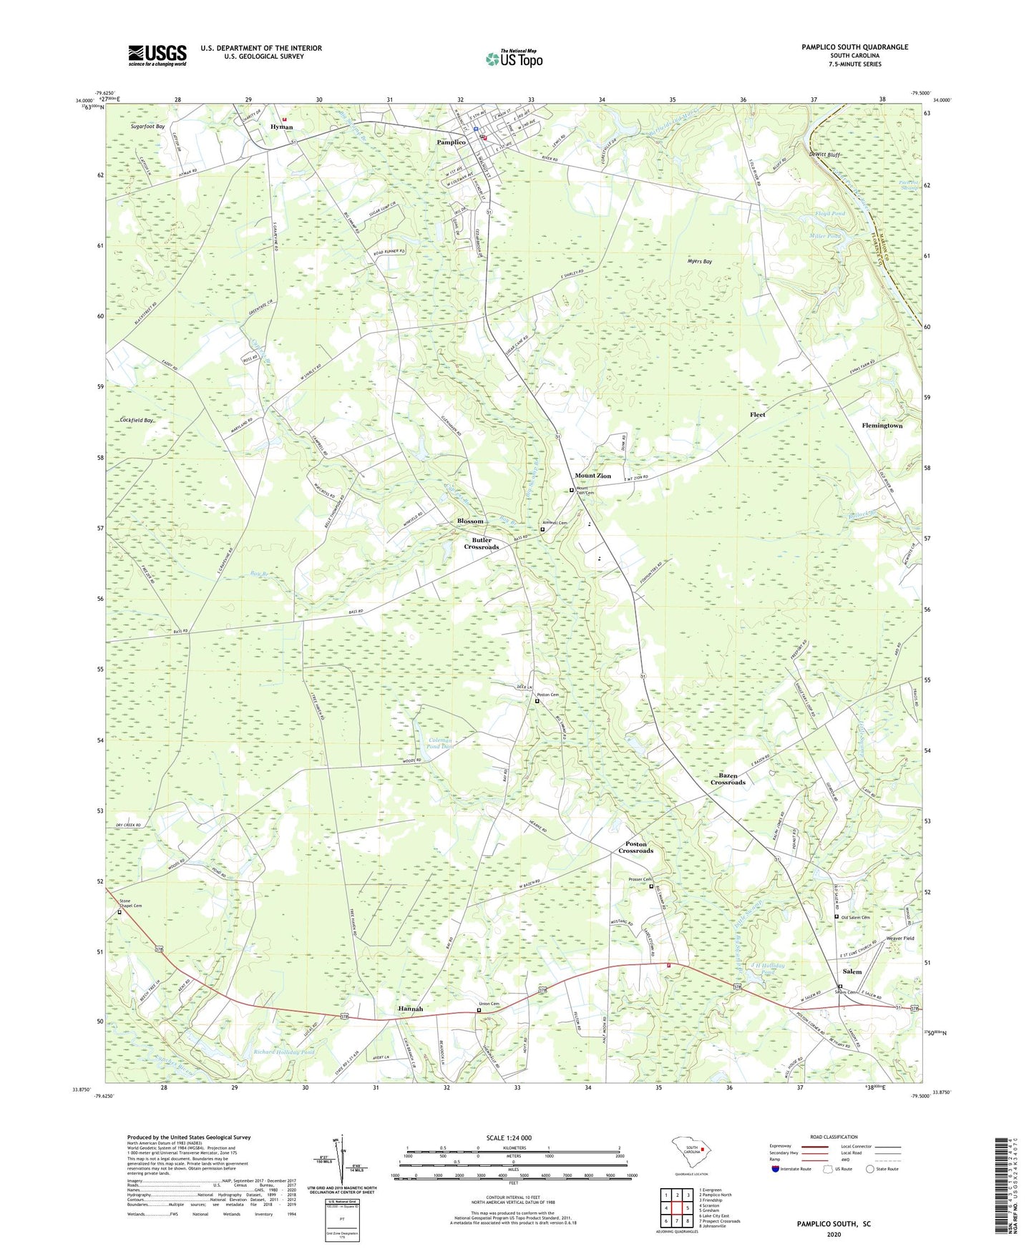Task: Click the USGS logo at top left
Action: (x=157, y=55)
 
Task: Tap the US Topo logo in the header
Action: (x=514, y=58)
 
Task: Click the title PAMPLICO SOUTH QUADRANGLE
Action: (x=854, y=47)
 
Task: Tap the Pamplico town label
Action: (x=452, y=142)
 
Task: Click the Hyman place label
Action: (x=281, y=127)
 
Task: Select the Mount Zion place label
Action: (x=592, y=476)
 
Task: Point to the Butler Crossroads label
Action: (x=481, y=544)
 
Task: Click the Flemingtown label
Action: (x=882, y=426)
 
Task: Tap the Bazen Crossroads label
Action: (x=728, y=779)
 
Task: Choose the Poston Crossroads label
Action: (x=635, y=848)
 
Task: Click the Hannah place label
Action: (x=410, y=1009)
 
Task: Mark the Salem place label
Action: (x=852, y=971)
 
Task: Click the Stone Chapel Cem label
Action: (x=130, y=903)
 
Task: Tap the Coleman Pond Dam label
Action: (x=441, y=743)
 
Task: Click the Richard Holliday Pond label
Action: (x=284, y=1053)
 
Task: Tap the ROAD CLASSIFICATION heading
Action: (x=834, y=1137)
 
